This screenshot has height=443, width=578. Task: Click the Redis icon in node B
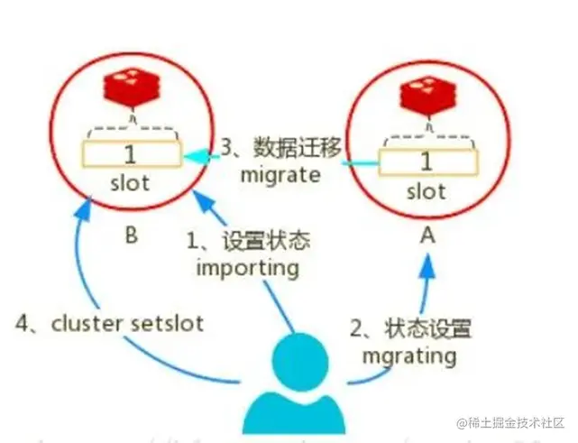click(x=133, y=91)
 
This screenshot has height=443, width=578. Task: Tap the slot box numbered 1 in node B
click(x=132, y=154)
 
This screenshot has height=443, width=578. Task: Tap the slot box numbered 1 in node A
click(x=426, y=162)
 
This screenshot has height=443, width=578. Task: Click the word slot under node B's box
click(x=132, y=183)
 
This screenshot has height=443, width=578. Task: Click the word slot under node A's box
click(x=426, y=191)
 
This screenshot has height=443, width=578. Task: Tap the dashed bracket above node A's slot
click(x=426, y=141)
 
